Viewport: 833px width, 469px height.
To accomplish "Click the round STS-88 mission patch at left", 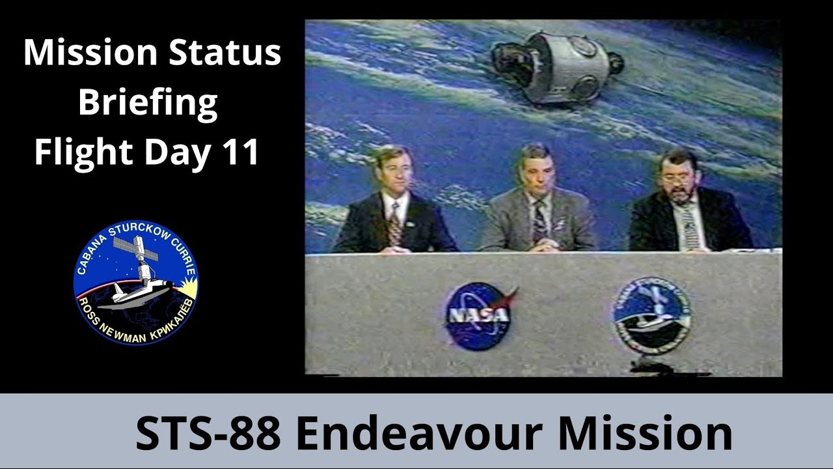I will pos(136,282).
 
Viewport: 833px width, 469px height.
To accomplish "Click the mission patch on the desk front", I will pos(651,315).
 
